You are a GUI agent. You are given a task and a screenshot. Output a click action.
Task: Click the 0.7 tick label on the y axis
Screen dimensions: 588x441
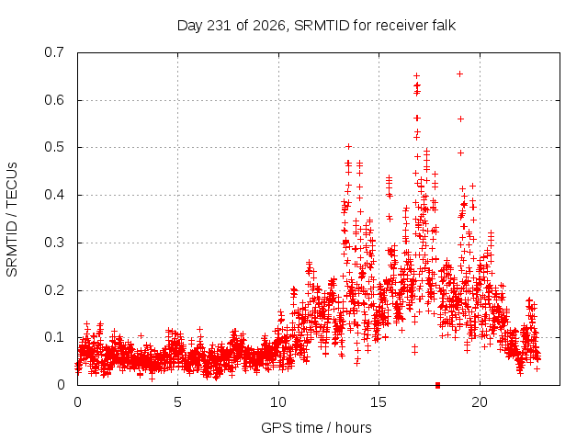tap(54, 52)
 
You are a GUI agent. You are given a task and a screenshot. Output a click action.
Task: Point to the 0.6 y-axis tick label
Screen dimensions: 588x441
tap(54, 100)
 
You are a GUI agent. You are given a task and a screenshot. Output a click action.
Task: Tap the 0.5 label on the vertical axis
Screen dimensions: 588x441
tap(54, 147)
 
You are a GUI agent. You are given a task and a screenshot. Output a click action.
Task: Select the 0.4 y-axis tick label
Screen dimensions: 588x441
tap(54, 195)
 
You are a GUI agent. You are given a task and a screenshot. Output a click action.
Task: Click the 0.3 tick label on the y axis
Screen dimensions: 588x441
tap(54, 243)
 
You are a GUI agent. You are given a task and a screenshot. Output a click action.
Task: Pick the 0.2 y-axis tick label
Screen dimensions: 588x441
tap(54, 290)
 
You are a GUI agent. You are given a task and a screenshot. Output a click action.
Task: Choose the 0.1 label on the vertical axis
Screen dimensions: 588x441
tap(54, 337)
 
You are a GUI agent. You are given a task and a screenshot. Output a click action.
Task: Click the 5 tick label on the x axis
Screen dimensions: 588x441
tap(177, 402)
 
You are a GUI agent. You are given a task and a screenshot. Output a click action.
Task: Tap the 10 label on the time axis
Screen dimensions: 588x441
tap(277, 402)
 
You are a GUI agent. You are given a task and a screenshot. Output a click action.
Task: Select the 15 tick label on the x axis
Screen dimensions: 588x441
tap(379, 402)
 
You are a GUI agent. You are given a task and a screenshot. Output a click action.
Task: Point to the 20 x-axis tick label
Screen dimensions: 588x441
tap(480, 402)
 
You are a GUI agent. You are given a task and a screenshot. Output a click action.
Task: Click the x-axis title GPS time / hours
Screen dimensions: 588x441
tap(316, 428)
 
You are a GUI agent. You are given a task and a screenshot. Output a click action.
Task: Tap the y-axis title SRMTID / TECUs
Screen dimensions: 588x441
tap(12, 220)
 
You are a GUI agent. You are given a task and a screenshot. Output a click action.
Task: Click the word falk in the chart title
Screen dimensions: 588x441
tap(444, 26)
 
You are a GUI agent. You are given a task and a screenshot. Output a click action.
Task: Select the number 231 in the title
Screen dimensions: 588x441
tap(220, 26)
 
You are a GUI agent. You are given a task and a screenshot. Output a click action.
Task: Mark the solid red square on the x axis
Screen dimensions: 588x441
tap(437, 385)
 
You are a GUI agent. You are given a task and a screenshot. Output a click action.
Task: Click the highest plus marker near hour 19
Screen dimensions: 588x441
tap(459, 74)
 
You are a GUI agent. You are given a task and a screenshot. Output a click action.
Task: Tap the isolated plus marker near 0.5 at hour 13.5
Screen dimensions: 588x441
tap(349, 147)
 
